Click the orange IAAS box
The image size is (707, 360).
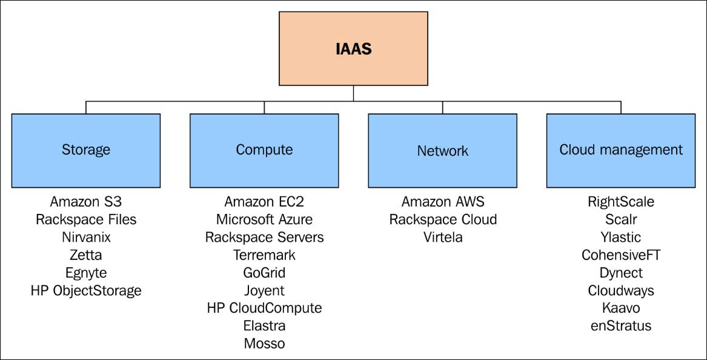coord(353,48)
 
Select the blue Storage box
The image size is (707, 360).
coord(86,150)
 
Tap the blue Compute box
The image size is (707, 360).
coord(264,150)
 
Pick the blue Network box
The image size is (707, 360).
coord(442,150)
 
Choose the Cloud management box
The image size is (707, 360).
coord(620,150)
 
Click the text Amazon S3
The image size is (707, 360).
coord(86,202)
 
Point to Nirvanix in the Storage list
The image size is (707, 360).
coord(86,237)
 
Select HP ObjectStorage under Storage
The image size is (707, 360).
coord(86,290)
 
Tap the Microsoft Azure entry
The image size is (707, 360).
coord(264,219)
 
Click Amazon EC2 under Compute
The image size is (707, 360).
coord(264,202)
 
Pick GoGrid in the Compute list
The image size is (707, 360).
coord(264,273)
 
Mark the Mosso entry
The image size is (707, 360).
coord(264,344)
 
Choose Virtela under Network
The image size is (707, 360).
coord(443,237)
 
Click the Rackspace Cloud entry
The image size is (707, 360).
coord(443,219)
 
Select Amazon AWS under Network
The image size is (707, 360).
coord(443,202)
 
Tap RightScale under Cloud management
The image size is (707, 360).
coord(621,202)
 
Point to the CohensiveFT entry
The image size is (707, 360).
coord(621,255)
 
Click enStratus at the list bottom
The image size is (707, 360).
coord(621,326)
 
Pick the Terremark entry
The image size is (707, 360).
coord(264,255)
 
